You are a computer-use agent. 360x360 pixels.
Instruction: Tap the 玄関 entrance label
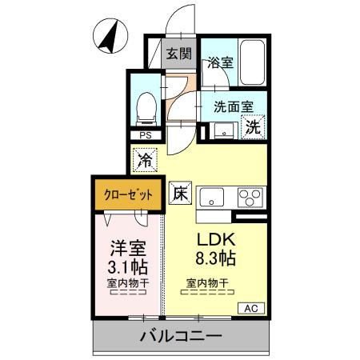point(178,54)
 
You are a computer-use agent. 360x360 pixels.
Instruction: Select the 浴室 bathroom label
point(220,61)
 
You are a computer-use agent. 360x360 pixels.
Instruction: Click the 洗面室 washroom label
point(233,104)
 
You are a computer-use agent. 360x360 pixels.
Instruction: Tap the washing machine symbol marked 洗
point(253,126)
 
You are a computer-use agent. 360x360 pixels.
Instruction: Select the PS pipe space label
point(145,136)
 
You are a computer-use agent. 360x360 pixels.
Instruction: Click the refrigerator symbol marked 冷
point(145,161)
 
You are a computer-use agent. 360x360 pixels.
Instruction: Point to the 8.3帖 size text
point(214,259)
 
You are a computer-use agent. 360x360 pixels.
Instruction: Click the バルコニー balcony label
point(182,336)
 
